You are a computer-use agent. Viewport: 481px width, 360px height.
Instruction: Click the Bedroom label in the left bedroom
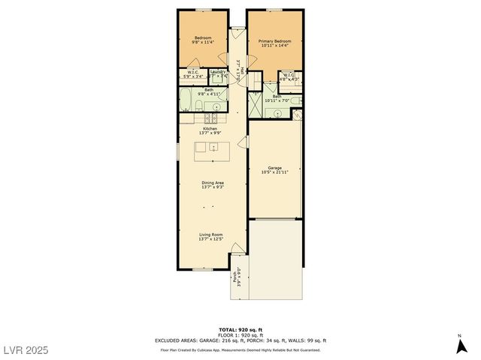tap(203, 38)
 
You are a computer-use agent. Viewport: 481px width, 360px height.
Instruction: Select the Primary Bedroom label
tap(275, 41)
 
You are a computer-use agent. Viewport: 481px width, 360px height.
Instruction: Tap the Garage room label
tap(274, 168)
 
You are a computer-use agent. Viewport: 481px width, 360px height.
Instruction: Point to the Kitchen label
tap(210, 128)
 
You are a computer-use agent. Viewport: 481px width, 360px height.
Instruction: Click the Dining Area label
tap(212, 182)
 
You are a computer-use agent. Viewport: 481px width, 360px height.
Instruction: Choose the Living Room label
tap(210, 235)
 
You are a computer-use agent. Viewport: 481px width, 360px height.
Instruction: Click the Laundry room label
tap(217, 72)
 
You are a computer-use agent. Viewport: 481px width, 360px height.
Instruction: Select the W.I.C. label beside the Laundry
tap(192, 72)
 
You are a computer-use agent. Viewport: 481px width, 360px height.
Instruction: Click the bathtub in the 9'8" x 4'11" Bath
tap(186, 99)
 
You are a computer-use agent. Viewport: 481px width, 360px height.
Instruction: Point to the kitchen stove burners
tap(212, 118)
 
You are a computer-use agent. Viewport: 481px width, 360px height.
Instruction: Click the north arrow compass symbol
tap(458, 346)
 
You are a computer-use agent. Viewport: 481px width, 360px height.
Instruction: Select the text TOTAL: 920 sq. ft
tap(240, 329)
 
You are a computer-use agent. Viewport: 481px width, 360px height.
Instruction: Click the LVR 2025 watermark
tap(26, 349)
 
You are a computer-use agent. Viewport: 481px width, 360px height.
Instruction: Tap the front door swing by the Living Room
tap(237, 249)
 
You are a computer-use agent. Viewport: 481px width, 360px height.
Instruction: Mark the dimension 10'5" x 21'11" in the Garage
tap(274, 173)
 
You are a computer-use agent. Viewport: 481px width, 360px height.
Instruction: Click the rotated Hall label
tap(243, 70)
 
